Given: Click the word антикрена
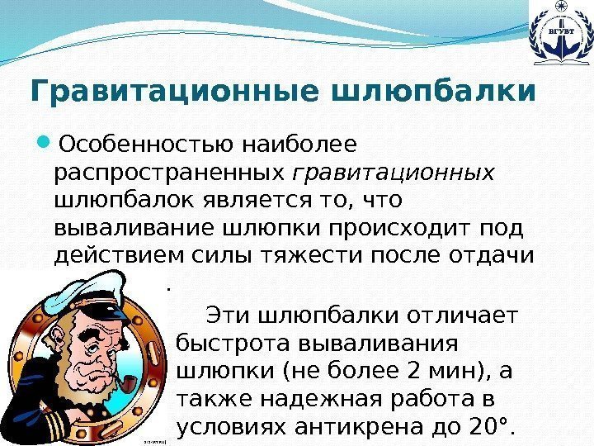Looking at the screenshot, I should pos(356,426).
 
